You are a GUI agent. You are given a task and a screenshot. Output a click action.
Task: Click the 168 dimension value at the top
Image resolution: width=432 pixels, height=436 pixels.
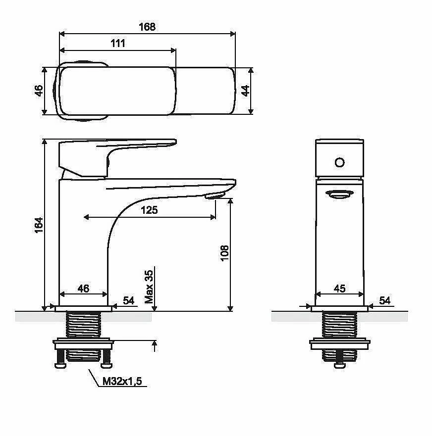tap(147, 27)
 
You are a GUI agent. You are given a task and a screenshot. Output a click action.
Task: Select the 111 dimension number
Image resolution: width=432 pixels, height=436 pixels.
tap(118, 44)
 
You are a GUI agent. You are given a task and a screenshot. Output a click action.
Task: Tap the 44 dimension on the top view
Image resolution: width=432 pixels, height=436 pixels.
tap(245, 91)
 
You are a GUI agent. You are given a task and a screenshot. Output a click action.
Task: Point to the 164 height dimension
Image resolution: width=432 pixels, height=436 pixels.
tap(39, 225)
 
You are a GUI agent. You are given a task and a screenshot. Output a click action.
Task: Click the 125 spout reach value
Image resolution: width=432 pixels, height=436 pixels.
tap(149, 210)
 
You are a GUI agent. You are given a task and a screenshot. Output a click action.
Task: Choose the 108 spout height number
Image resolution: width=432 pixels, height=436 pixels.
tap(224, 253)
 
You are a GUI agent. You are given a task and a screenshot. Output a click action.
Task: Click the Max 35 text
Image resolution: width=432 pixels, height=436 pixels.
tap(149, 287)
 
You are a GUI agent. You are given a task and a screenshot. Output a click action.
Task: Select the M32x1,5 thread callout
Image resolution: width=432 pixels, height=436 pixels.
tap(122, 381)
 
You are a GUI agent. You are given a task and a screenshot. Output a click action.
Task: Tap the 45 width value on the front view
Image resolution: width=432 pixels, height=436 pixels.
tap(339, 289)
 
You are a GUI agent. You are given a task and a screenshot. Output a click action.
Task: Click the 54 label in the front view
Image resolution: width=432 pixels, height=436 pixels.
tap(384, 300)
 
